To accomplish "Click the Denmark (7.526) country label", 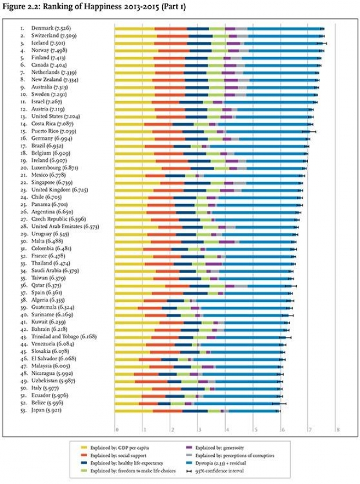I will tap(52, 28).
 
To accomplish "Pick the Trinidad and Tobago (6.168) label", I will tap(64, 336).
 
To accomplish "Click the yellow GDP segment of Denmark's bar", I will tap(134, 28).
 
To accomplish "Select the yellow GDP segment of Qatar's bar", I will tap(139, 285).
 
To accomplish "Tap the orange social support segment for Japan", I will tap(167, 410).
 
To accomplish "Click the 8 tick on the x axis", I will tap(337, 429).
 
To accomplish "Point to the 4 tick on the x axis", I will tap(226, 429).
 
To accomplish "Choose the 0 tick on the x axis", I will tap(117, 429).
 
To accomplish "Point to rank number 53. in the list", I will tap(23, 410).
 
